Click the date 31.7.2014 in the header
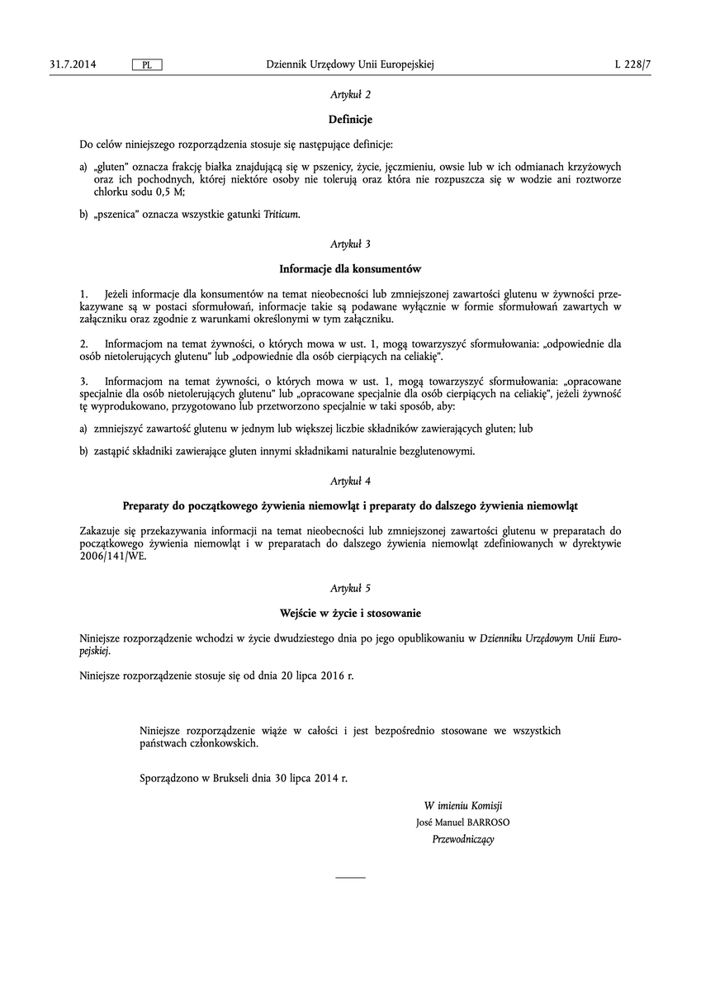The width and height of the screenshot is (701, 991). (73, 64)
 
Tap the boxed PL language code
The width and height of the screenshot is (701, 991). (147, 64)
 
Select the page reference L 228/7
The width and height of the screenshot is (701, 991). (628, 64)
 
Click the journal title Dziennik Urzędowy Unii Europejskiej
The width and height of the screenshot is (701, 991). (350, 64)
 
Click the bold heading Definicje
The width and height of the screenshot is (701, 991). (350, 120)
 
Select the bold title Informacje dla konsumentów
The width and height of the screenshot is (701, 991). (350, 268)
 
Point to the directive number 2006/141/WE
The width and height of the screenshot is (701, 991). (116, 556)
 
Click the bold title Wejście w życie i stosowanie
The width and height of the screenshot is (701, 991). (350, 613)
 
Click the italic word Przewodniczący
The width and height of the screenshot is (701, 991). (463, 839)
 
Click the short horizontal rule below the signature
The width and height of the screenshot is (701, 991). (350, 876)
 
